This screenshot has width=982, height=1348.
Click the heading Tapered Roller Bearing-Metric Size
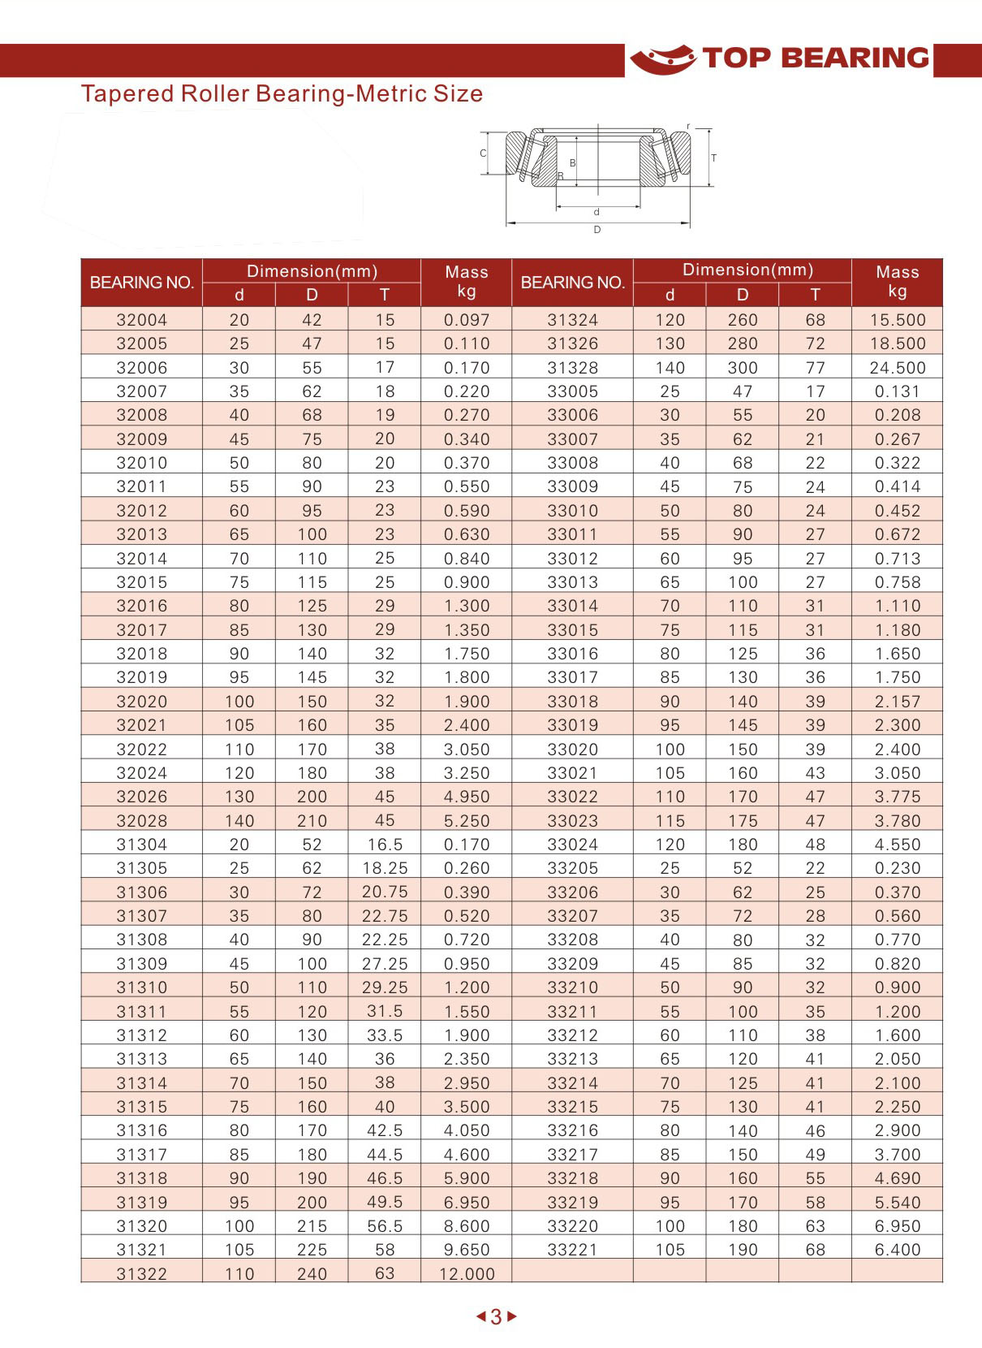[282, 93]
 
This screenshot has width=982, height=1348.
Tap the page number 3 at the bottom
[496, 1317]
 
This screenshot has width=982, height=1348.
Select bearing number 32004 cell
[142, 320]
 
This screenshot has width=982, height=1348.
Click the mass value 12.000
[467, 1274]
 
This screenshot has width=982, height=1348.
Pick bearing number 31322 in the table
[142, 1274]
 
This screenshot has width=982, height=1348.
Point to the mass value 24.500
[898, 368]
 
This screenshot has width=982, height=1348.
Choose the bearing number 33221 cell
[573, 1250]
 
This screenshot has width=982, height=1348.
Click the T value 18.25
[385, 868]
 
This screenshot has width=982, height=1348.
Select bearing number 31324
[573, 320]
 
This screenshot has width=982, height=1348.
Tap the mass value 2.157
[898, 702]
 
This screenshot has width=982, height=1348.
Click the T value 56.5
[385, 1226]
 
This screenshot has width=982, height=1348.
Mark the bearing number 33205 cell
[573, 868]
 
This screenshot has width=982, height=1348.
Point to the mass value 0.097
[467, 320]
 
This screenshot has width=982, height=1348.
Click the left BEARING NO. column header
[142, 283]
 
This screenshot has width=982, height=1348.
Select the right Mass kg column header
[898, 282]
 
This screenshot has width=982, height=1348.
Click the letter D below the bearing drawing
[597, 230]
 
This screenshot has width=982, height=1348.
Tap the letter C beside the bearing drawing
[483, 153]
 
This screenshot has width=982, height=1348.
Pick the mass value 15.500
[898, 320]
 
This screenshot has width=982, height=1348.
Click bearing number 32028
[142, 821]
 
